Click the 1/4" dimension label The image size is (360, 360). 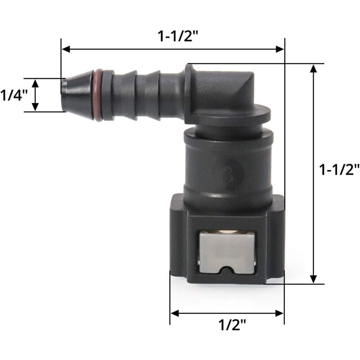pyautogui.click(x=14, y=95)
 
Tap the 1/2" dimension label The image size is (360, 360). pyautogui.click(x=232, y=324)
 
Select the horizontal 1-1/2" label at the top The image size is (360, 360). pyautogui.click(x=178, y=36)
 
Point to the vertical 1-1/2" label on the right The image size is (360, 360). pyautogui.click(x=339, y=170)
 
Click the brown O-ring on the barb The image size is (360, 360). pyautogui.click(x=98, y=95)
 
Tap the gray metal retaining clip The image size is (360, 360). pyautogui.click(x=227, y=252)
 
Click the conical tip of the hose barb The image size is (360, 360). pyautogui.click(x=77, y=95)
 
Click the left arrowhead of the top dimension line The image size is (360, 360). pyautogui.click(x=66, y=49)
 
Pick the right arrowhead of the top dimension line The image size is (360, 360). pyautogui.click(x=279, y=49)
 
